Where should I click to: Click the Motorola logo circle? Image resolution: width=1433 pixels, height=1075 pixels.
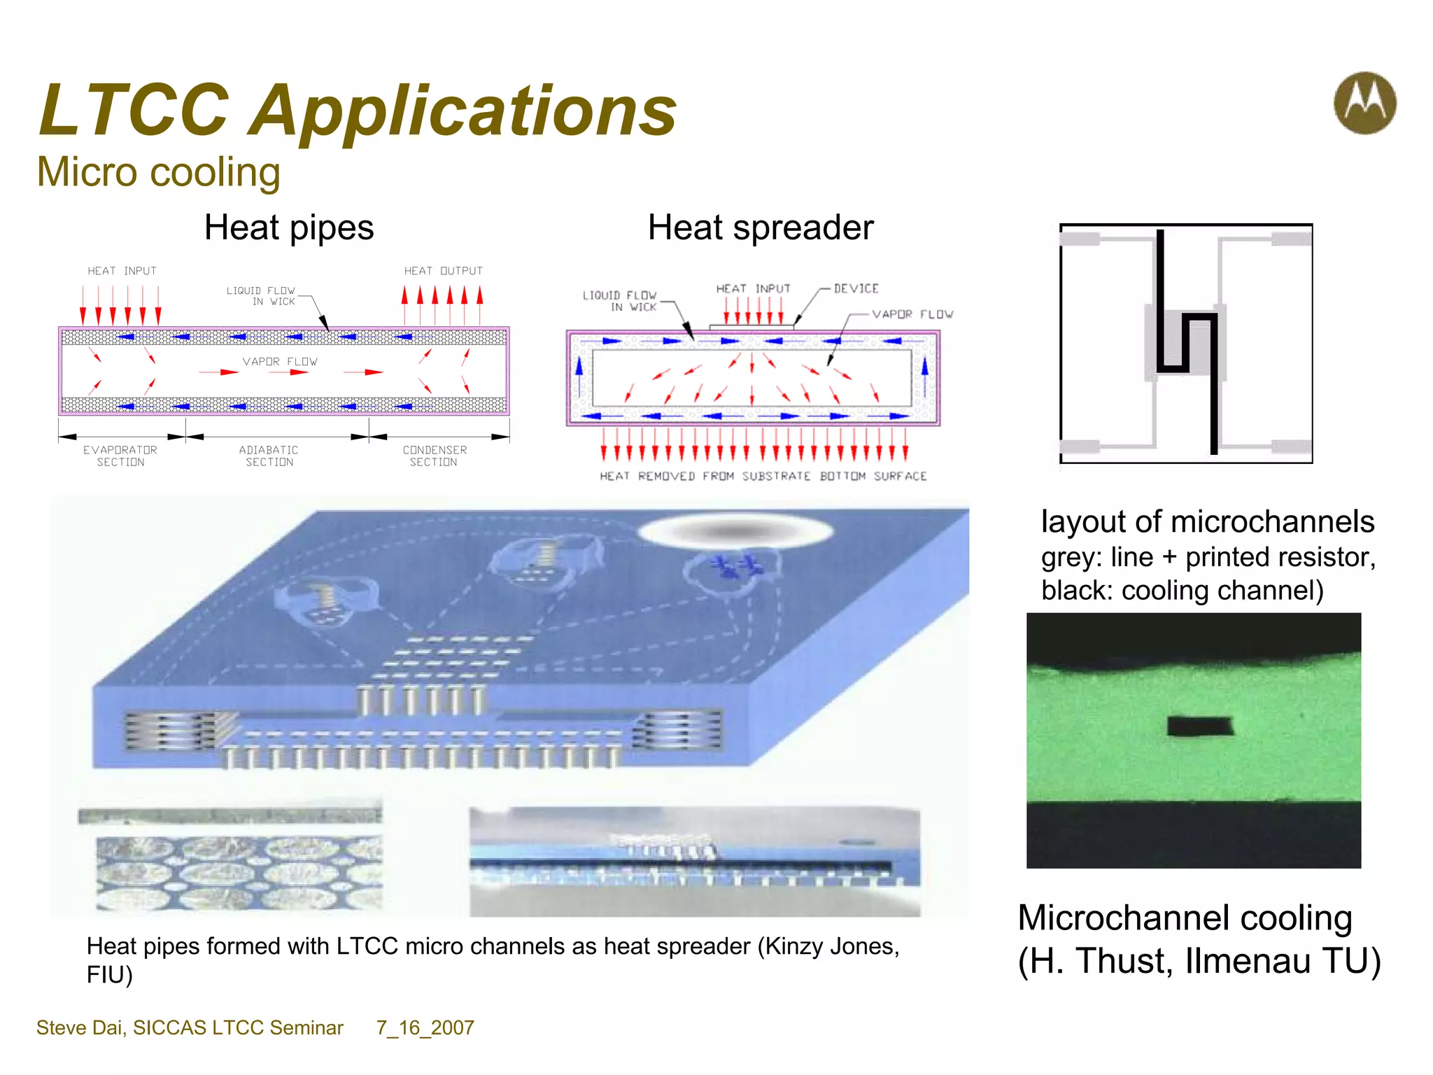coord(1364,103)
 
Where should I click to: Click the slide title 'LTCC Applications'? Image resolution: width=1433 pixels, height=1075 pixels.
coord(358,110)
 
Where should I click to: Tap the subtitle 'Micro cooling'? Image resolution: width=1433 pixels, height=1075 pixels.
coord(159,172)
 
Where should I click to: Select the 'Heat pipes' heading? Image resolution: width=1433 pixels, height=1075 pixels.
coord(289,227)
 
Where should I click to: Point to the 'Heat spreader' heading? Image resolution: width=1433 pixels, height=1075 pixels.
coord(761,227)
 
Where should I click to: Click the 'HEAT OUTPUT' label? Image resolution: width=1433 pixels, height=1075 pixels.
coord(443,271)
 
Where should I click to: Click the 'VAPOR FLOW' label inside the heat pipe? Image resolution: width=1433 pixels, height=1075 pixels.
coord(280,362)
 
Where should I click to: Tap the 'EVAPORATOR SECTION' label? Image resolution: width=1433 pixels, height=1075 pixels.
coord(120,456)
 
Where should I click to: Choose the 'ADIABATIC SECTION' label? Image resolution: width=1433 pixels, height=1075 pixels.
coord(269,456)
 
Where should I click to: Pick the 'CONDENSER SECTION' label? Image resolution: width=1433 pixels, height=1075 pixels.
coord(435,456)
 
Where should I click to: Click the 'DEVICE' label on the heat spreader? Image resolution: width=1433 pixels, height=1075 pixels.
coord(856,288)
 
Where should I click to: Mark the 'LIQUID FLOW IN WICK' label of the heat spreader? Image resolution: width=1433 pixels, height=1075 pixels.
coord(620,301)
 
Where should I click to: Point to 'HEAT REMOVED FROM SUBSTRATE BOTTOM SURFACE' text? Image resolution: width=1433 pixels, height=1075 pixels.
coord(763,476)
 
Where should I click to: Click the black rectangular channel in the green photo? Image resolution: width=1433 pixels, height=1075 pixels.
coord(1199,726)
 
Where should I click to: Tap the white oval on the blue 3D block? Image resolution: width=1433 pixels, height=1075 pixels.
coord(735,532)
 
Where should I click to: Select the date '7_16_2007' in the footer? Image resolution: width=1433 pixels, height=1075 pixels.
coord(425,1027)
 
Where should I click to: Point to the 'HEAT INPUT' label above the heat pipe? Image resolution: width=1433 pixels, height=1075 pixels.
coord(122,271)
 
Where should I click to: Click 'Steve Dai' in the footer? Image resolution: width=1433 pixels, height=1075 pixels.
coord(80,1027)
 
